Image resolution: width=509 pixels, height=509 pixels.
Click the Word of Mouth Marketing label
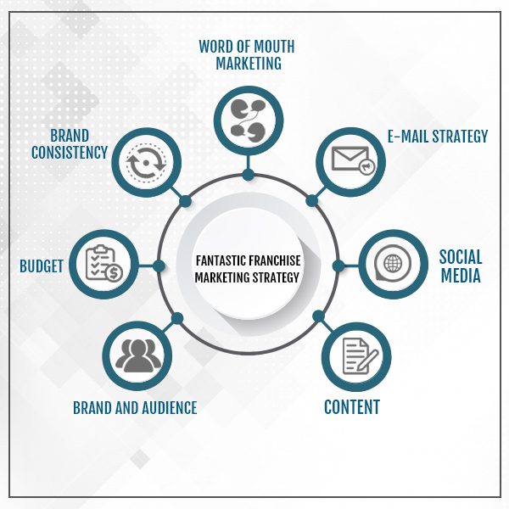tap(247, 55)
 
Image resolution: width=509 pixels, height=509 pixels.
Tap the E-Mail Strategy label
tap(438, 137)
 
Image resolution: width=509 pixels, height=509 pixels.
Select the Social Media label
tap(461, 266)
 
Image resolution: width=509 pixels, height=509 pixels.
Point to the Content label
tap(352, 407)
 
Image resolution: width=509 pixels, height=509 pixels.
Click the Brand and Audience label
tap(135, 408)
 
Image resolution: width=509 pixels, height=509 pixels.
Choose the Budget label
tap(42, 266)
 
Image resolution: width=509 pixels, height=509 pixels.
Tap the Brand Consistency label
tap(70, 144)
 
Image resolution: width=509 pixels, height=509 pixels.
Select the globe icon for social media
tap(393, 263)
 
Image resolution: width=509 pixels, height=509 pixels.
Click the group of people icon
tap(138, 355)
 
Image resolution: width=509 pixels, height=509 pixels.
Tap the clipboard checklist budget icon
tap(103, 263)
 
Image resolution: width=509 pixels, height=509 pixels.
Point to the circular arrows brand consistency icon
tap(146, 162)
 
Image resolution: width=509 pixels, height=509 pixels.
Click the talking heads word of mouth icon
tap(249, 120)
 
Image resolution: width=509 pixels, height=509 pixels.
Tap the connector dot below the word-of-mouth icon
tap(249, 175)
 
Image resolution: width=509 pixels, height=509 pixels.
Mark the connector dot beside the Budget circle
tap(159, 266)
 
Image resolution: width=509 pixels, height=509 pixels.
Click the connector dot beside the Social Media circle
tap(338, 266)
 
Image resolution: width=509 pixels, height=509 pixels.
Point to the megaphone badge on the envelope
tap(366, 167)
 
